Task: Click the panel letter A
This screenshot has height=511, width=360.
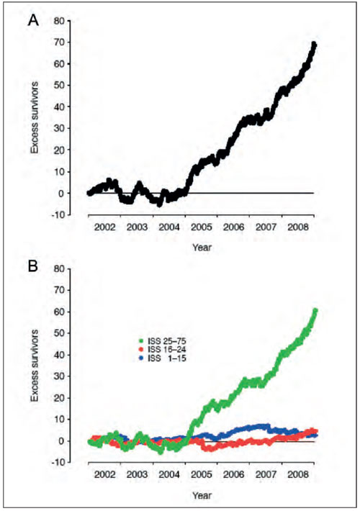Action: click(x=33, y=21)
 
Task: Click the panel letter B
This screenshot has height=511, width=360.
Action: click(x=33, y=266)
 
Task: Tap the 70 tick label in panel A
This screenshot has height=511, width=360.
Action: click(x=58, y=42)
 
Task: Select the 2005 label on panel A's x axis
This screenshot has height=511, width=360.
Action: click(x=202, y=227)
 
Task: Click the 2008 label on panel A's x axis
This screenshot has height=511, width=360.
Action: click(x=298, y=227)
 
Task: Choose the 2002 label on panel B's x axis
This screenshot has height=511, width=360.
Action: click(x=104, y=474)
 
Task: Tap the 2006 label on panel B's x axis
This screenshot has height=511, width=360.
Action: click(x=233, y=474)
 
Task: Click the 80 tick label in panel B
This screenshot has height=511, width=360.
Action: click(x=58, y=269)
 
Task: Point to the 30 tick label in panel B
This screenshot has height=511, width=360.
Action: click(x=58, y=376)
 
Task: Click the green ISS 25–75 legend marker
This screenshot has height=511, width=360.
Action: click(x=141, y=341)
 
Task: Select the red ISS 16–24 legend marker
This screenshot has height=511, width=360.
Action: click(x=141, y=350)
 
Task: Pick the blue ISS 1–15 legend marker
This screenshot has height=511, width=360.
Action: click(x=141, y=359)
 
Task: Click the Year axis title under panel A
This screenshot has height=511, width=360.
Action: click(x=202, y=248)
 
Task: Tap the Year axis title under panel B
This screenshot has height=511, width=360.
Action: click(x=202, y=496)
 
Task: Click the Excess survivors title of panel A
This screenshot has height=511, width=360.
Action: click(x=35, y=117)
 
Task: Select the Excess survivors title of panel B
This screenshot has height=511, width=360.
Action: click(x=35, y=366)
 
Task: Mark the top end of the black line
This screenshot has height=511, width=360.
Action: click(x=314, y=44)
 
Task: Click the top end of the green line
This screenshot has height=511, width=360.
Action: click(x=315, y=310)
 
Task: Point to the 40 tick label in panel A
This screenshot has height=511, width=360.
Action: click(x=58, y=107)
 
